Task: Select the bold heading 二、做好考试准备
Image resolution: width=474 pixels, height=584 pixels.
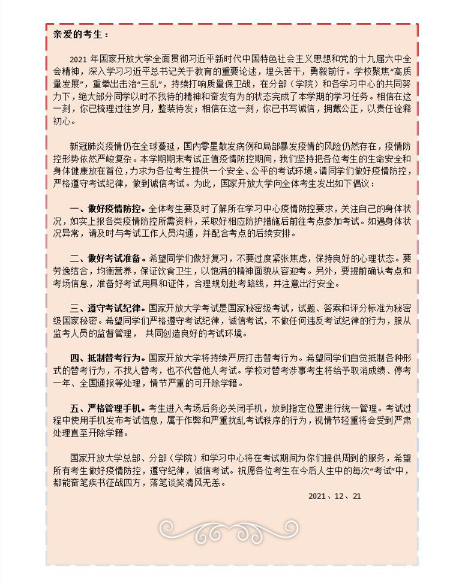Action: click(108, 258)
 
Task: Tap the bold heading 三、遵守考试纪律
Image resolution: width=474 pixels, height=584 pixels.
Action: click(108, 308)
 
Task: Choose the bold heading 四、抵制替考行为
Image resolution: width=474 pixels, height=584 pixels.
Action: click(108, 357)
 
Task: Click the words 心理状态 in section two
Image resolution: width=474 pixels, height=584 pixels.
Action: click(369, 258)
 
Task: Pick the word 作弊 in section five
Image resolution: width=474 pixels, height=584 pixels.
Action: click(227, 420)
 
